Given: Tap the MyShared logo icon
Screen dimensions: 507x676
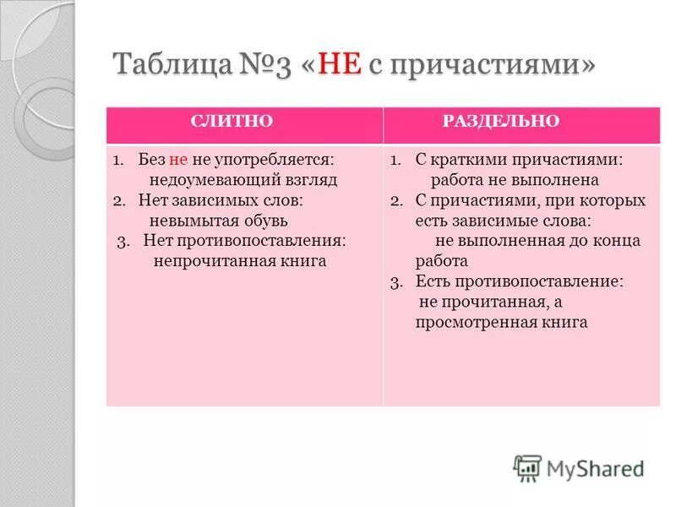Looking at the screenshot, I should [527, 467].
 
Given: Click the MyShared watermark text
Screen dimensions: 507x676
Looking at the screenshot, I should [596, 468].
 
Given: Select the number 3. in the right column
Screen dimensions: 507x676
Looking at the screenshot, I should [397, 281].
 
